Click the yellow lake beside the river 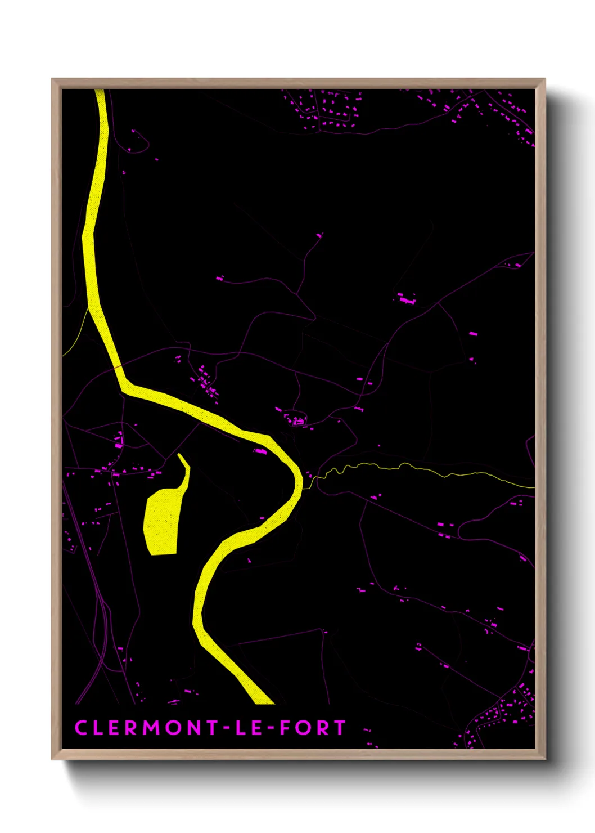point(162,521)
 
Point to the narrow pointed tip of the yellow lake point(180,455)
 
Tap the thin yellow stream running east point(422,468)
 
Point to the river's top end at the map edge point(100,92)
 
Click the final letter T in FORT point(340,728)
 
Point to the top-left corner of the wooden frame point(52,79)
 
